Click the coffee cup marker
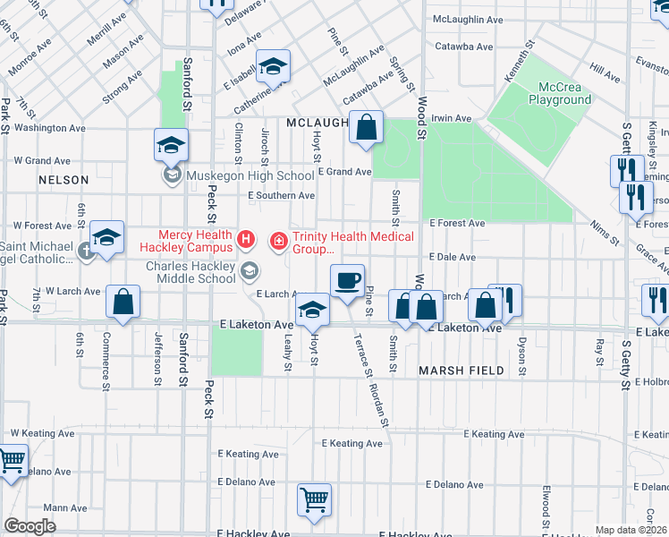[347, 280]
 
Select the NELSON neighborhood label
[64, 180]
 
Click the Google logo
[30, 526]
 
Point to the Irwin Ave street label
[451, 118]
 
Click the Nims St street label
[608, 234]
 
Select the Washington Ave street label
[50, 128]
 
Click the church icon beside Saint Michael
[86, 251]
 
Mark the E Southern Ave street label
[281, 195]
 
